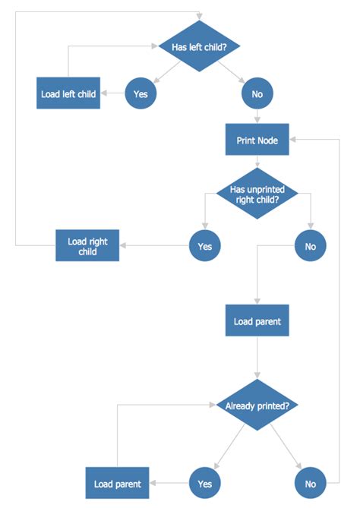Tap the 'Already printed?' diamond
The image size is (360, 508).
pyautogui.click(x=257, y=405)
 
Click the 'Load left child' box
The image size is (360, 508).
pyautogui.click(x=68, y=94)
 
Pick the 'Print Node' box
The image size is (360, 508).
pyautogui.click(x=257, y=140)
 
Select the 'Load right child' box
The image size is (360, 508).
pyautogui.click(x=87, y=246)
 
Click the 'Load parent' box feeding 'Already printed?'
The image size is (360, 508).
pyautogui.click(x=257, y=321)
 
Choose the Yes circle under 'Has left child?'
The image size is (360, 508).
pyautogui.click(x=141, y=94)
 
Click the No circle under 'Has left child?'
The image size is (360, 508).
pyautogui.click(x=257, y=94)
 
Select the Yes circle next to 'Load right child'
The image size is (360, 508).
pyautogui.click(x=204, y=246)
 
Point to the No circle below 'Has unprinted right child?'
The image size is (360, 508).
pyautogui.click(x=310, y=246)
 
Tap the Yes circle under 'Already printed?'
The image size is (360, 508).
pyautogui.click(x=204, y=484)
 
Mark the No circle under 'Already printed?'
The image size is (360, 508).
pyautogui.click(x=310, y=484)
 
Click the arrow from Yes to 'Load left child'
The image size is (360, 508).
pyautogui.click(x=113, y=94)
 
